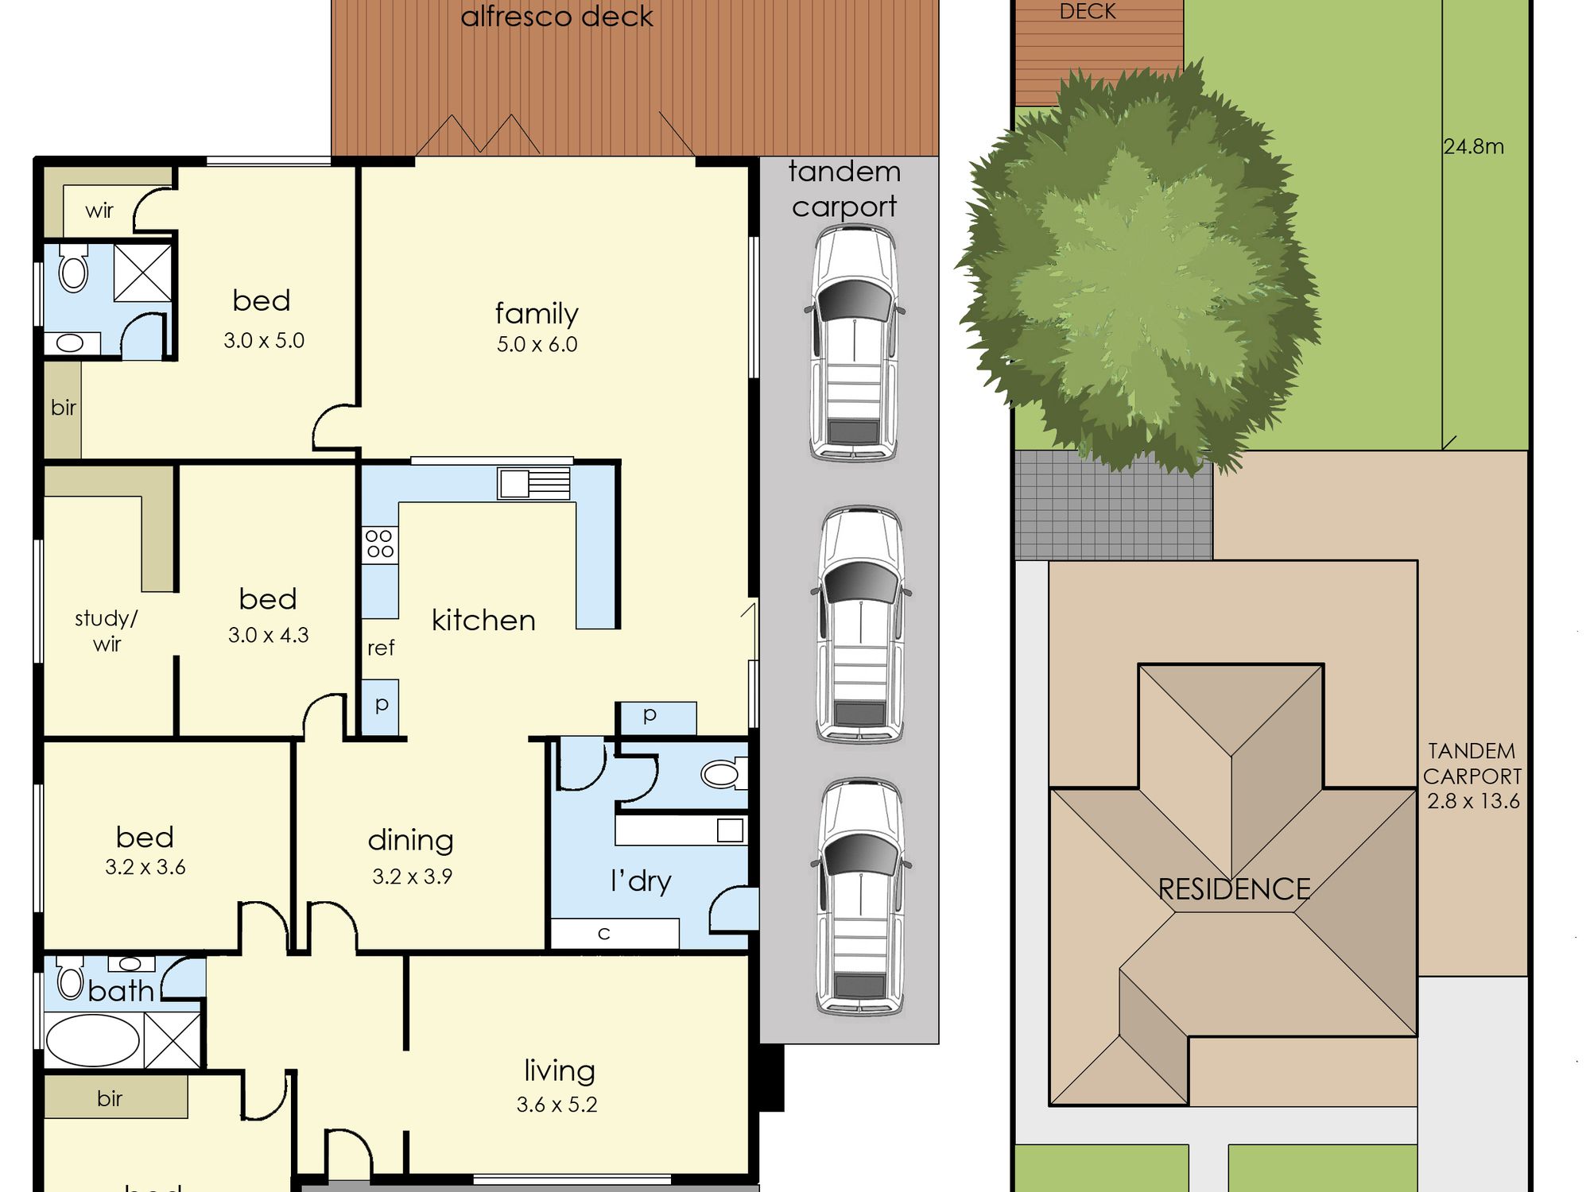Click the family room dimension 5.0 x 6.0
pyautogui.click(x=537, y=345)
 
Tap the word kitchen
pyautogui.click(x=483, y=620)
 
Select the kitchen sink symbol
pyautogui.click(x=533, y=483)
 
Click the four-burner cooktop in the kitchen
pyautogui.click(x=380, y=545)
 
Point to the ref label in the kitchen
pyautogui.click(x=381, y=648)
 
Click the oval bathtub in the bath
pyautogui.click(x=93, y=1040)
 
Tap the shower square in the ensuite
pyautogui.click(x=143, y=273)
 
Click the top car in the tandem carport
pyautogui.click(x=854, y=343)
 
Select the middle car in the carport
pyautogui.click(x=860, y=625)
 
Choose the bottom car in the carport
pyautogui.click(x=860, y=898)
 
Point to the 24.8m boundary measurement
pyautogui.click(x=1474, y=147)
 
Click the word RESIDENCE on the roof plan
pyautogui.click(x=1234, y=889)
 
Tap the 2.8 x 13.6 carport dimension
pyautogui.click(x=1473, y=801)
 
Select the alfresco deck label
pyautogui.click(x=557, y=16)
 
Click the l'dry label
pyautogui.click(x=641, y=881)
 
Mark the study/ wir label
pyautogui.click(x=107, y=631)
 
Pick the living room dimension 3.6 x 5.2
pyautogui.click(x=556, y=1105)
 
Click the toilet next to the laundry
pyautogui.click(x=723, y=773)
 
